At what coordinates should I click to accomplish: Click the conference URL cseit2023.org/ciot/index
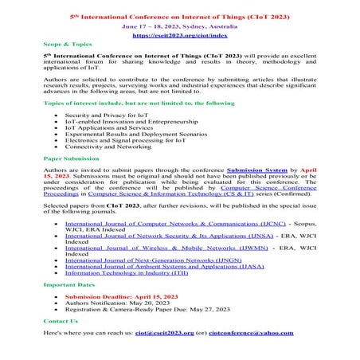[x=180, y=36]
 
